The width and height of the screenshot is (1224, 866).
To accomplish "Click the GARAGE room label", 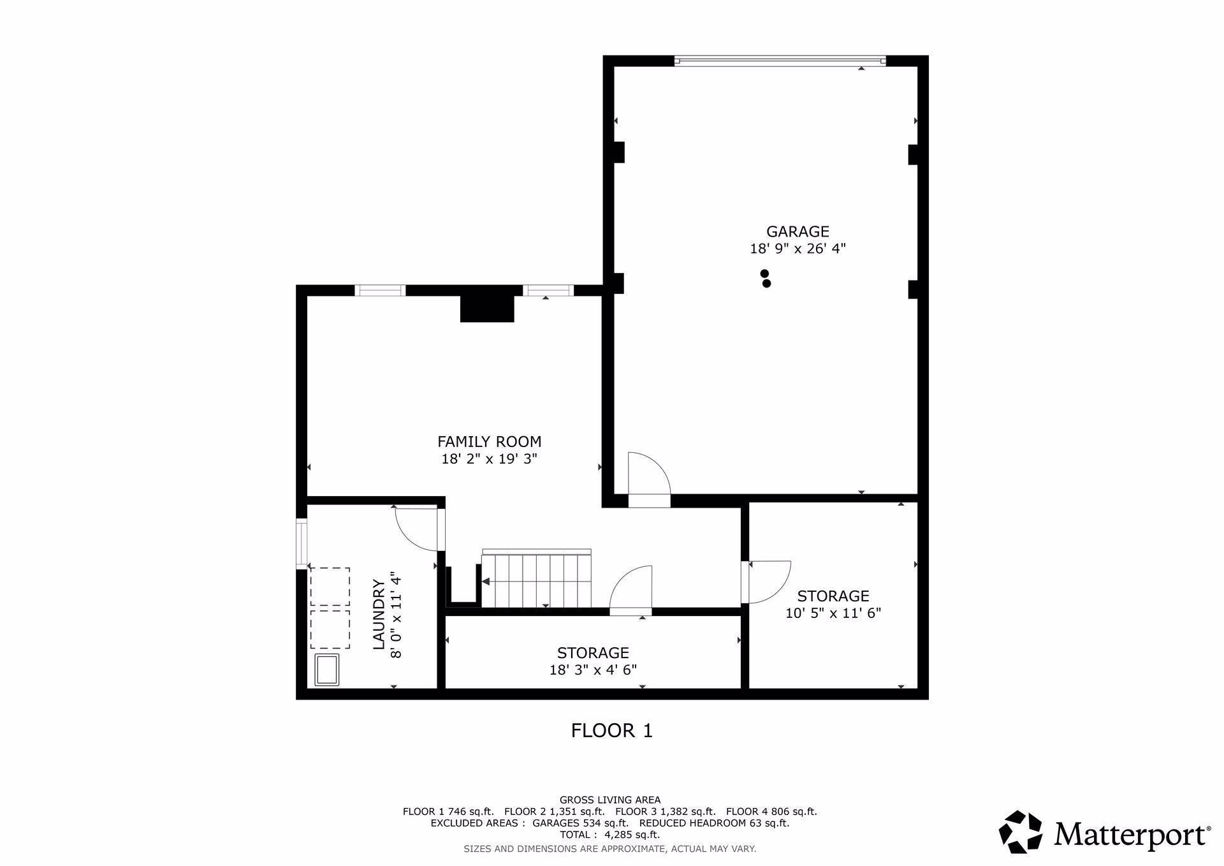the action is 798,231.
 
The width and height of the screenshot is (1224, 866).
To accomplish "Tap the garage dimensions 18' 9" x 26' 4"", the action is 798,249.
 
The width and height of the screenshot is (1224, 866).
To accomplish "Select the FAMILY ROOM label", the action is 489,441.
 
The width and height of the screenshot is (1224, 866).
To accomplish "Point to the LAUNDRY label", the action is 379,615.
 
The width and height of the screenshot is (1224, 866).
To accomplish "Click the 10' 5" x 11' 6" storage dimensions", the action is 833,613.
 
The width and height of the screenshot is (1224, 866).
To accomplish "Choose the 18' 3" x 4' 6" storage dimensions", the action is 593,670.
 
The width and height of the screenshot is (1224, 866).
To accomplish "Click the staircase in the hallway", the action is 536,578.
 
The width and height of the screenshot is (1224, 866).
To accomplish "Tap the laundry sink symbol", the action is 328,670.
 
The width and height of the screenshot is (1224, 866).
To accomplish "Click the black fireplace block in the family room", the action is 487,309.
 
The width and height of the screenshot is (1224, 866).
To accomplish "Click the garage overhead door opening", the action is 780,61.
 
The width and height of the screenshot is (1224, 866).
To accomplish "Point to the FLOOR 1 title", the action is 612,730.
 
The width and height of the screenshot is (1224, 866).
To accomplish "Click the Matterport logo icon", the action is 1021,832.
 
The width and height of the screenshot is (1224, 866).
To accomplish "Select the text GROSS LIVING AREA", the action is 610,800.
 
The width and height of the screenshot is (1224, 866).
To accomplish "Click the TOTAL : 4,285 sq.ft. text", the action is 609,835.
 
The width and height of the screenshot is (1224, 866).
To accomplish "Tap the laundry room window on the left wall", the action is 302,545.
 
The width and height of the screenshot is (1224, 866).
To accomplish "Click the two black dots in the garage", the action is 766,279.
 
